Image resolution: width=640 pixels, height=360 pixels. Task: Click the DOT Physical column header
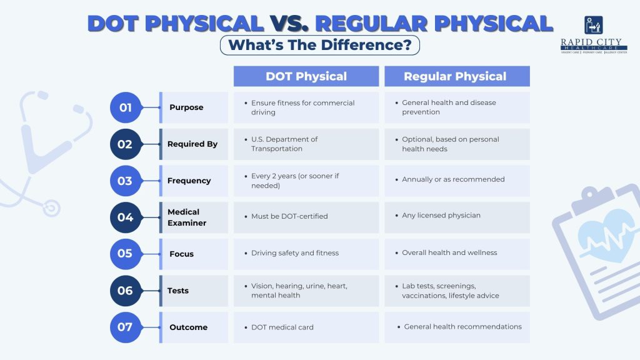[306, 76]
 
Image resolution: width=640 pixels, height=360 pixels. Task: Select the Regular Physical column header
[457, 76]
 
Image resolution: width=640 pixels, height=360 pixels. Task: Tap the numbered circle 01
[126, 107]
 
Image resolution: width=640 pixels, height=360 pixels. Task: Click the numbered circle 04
[126, 217]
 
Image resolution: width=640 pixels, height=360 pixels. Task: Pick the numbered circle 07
[126, 327]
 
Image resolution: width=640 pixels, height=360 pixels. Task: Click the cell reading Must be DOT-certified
[306, 217]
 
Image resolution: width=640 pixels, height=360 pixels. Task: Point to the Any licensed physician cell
[457, 217]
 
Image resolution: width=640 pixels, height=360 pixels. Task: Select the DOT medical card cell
[306, 327]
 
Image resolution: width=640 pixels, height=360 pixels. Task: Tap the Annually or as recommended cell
[457, 181]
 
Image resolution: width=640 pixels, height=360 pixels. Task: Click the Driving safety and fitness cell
[306, 254]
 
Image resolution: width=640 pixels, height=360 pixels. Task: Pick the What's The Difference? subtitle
[320, 45]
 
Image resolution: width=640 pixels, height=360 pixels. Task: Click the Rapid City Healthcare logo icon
[594, 25]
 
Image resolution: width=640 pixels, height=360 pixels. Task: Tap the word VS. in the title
[289, 23]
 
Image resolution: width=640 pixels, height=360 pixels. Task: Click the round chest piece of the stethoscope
[51, 208]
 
